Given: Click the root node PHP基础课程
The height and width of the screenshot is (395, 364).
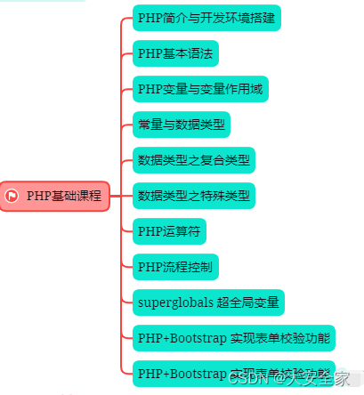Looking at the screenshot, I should click(x=55, y=196).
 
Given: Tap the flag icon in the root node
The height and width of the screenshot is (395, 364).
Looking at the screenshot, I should click(x=12, y=196).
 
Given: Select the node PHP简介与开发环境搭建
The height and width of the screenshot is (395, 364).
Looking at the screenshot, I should click(x=206, y=17).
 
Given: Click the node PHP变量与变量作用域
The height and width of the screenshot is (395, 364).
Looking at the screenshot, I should click(x=199, y=89).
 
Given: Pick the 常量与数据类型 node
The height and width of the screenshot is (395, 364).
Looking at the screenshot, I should click(x=182, y=125).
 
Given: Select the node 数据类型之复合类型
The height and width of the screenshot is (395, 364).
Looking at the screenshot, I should click(x=194, y=161).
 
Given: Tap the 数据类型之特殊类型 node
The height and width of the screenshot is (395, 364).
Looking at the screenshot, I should click(x=194, y=196).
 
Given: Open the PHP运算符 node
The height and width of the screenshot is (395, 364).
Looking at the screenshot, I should click(x=169, y=231).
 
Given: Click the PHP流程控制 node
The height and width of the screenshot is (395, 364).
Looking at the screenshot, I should click(x=174, y=266).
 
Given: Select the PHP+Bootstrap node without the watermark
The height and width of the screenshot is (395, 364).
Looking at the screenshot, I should click(x=233, y=337).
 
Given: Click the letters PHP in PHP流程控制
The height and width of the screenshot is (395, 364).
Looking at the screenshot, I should click(x=150, y=266).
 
